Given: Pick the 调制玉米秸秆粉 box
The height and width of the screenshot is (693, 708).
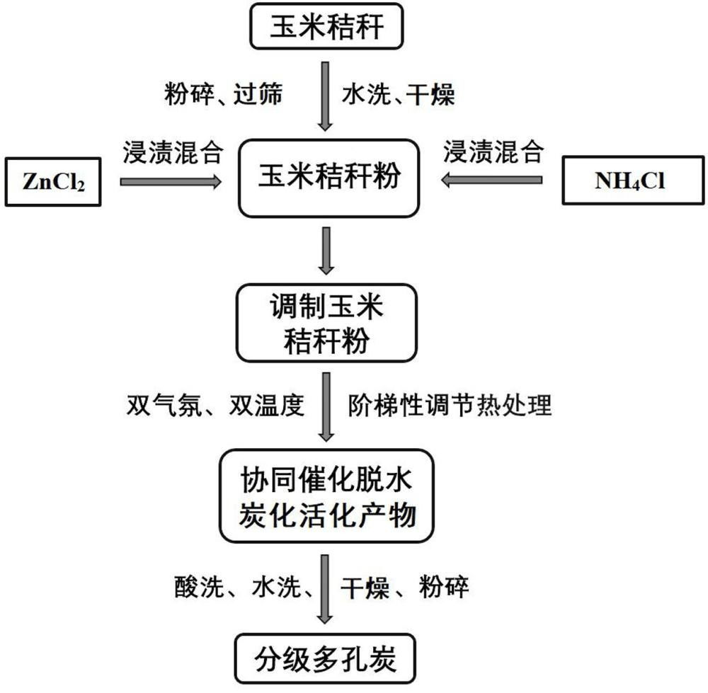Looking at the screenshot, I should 326,321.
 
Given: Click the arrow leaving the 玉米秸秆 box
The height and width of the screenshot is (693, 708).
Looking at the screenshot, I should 326,96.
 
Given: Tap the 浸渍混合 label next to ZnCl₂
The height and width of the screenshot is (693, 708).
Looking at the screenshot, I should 173,151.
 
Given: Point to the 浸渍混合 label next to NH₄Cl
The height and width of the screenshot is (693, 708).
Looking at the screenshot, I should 494,151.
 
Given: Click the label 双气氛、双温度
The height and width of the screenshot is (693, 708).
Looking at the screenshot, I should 215,406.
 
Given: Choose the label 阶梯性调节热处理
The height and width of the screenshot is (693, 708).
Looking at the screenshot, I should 450,406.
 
